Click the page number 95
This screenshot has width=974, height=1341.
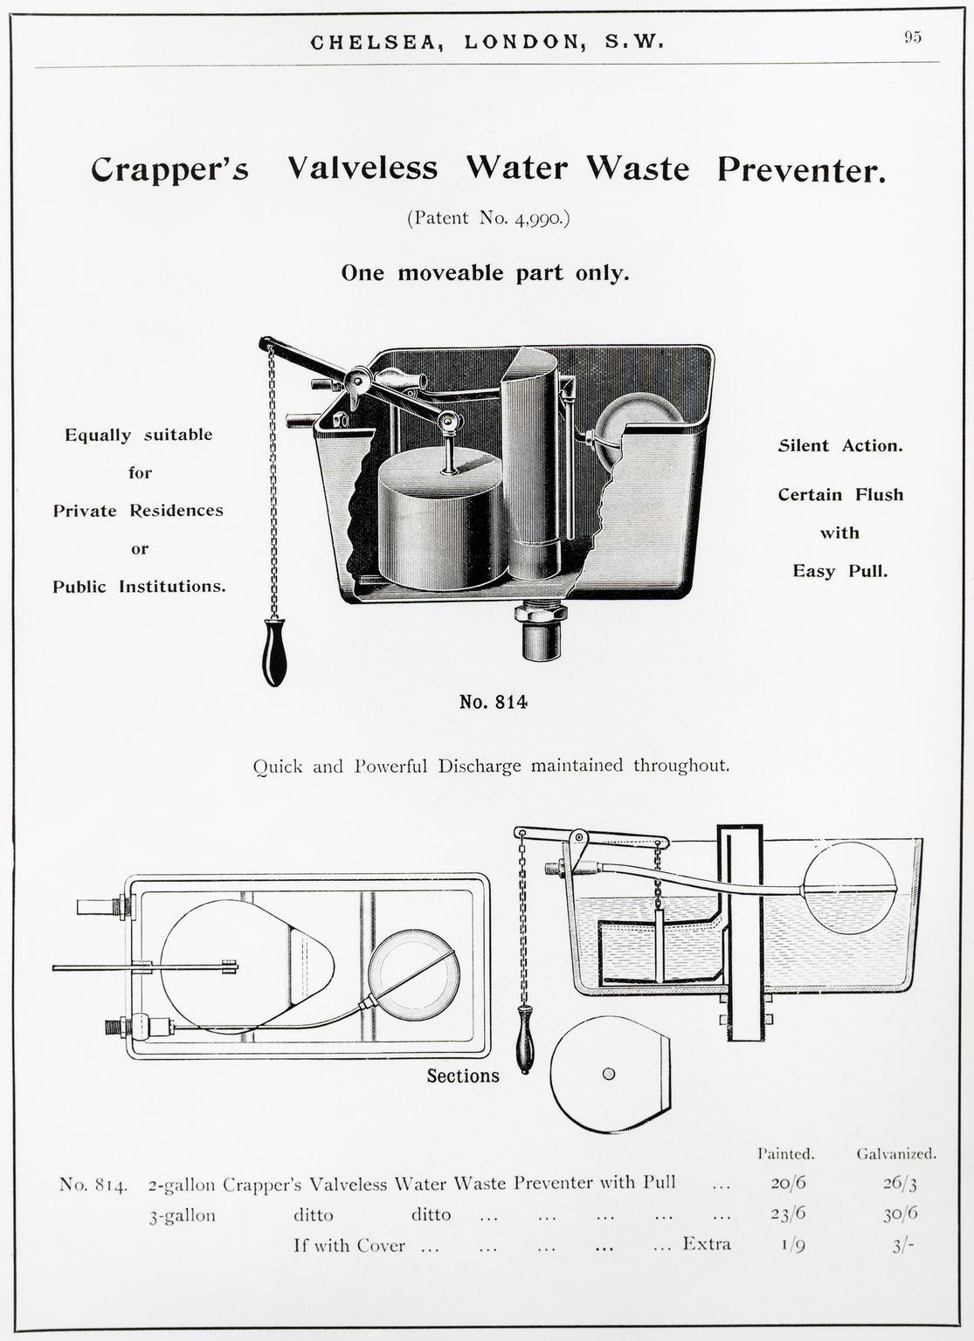tap(913, 37)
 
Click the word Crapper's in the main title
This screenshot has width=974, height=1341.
tap(169, 168)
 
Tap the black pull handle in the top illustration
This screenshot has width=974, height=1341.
tap(274, 652)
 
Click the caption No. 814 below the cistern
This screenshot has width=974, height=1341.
tap(494, 701)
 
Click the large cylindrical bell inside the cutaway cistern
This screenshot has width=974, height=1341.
tap(441, 519)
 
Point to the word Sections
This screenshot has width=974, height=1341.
tap(463, 1076)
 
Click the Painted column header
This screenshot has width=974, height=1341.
tap(785, 1153)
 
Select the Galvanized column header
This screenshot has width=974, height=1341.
tap(896, 1153)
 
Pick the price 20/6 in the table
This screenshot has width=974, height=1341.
tap(788, 1183)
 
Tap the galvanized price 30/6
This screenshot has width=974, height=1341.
tap(901, 1214)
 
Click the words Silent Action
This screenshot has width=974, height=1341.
tap(840, 445)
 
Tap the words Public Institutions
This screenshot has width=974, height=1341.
tap(139, 586)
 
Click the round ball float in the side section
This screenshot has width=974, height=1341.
tap(850, 889)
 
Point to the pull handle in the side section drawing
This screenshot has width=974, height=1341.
tap(524, 1039)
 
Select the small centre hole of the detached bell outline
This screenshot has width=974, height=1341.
tap(609, 1074)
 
